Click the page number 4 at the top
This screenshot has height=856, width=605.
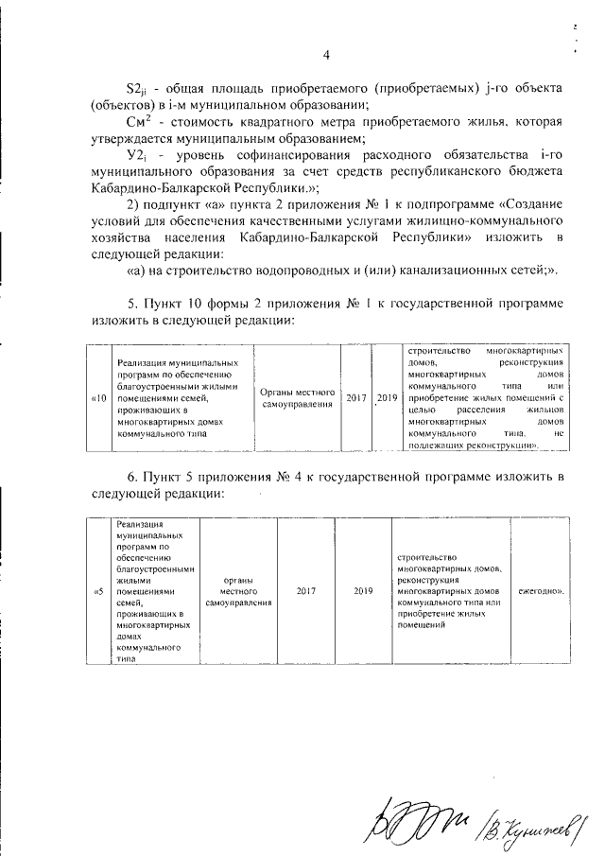point(326,54)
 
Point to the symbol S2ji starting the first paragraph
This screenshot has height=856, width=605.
point(139,87)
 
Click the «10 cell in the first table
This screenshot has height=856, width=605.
point(98,399)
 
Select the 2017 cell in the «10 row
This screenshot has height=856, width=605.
point(355,398)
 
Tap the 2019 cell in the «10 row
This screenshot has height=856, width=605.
point(385,398)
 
